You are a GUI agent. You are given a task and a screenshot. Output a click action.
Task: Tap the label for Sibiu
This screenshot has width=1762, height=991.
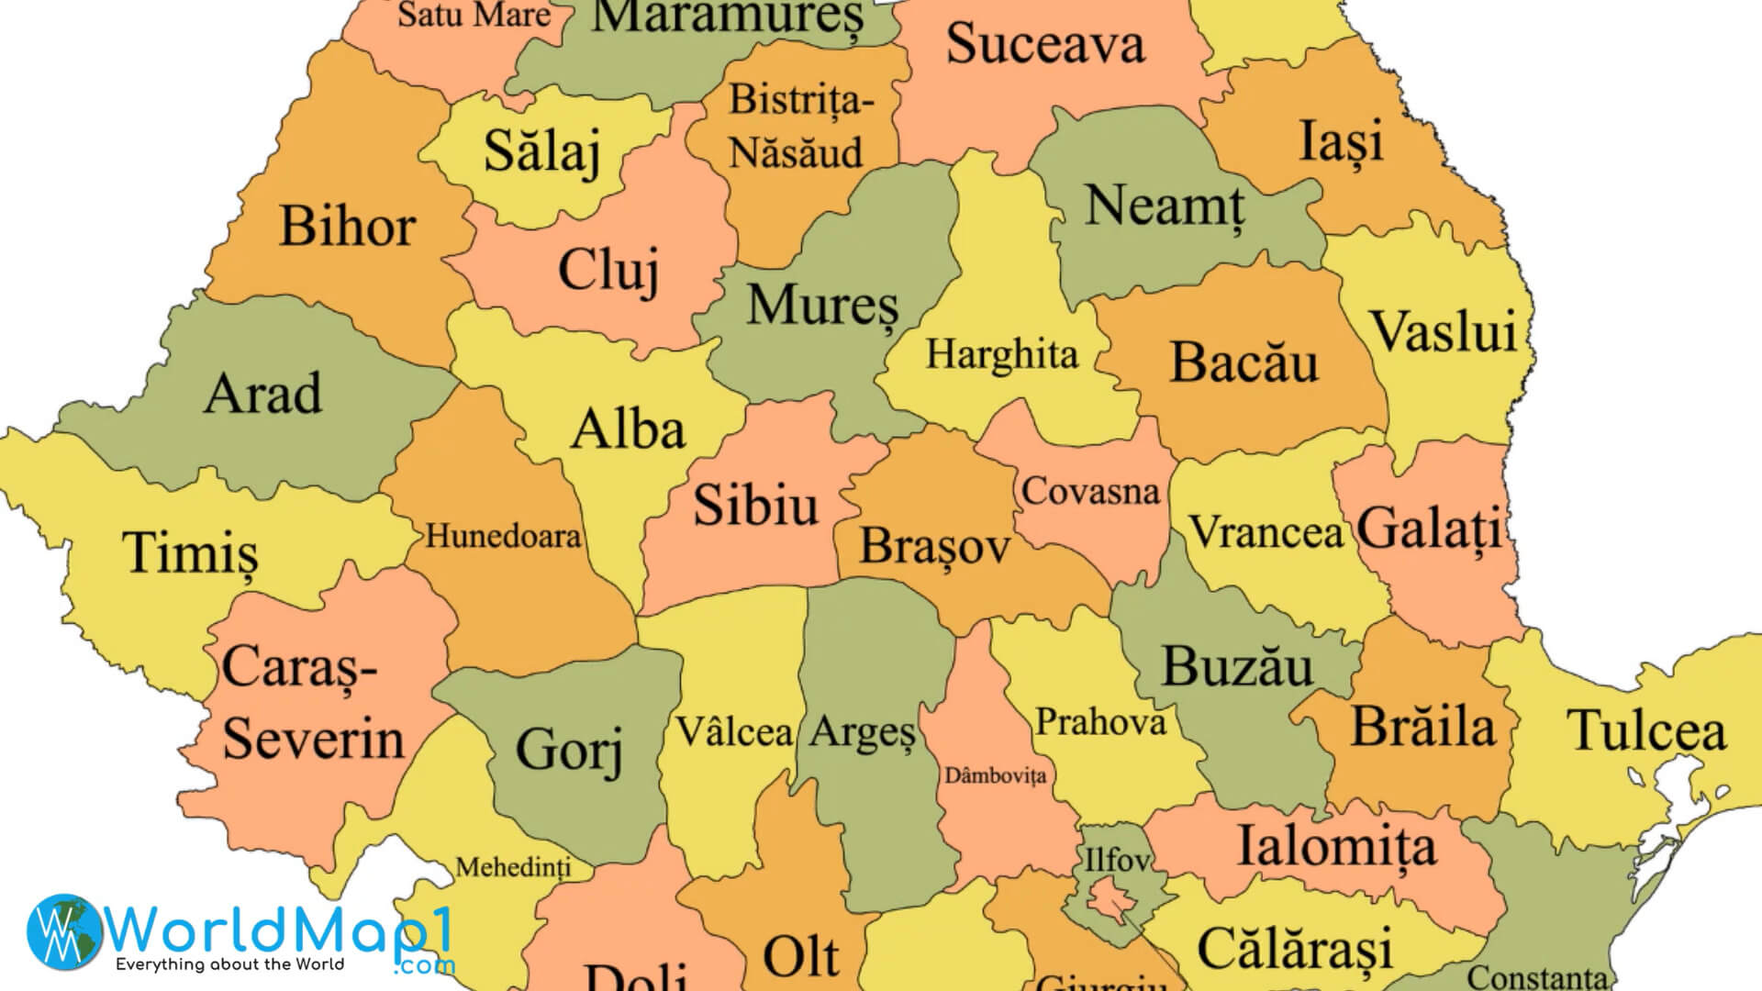[x=755, y=506]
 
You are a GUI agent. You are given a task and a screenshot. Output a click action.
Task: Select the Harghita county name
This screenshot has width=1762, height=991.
[x=1001, y=354]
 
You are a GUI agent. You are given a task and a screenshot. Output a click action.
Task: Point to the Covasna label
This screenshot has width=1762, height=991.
[x=1090, y=492]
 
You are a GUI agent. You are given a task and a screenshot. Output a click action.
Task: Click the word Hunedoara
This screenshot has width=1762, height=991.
[x=503, y=536]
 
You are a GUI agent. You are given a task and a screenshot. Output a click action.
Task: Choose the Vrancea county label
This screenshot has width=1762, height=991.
[x=1266, y=532]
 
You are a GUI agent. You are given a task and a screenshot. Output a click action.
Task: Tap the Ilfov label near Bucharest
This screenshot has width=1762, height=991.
[x=1116, y=860]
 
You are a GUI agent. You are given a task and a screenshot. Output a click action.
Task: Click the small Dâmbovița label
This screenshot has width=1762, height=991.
[x=995, y=776]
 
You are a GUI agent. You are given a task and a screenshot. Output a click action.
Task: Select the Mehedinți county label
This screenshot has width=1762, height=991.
[x=513, y=867]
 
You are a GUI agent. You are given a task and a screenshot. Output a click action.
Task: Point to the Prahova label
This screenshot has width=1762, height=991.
[x=1100, y=723]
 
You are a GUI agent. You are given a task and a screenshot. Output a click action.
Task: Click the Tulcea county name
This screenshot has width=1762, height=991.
[x=1646, y=731]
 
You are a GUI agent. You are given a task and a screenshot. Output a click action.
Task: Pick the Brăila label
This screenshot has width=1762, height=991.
[x=1423, y=728]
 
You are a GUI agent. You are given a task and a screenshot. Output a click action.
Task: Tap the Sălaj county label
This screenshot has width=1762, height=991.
[x=541, y=151]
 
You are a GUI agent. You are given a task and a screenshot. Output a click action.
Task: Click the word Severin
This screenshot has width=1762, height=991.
[x=313, y=739]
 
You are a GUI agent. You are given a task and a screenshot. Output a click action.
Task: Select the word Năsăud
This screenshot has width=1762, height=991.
[x=796, y=152]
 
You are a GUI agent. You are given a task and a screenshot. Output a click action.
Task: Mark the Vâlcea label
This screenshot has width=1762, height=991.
[x=734, y=732]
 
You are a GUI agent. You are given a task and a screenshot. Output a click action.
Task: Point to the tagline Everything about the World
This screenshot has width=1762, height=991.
[x=229, y=964]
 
